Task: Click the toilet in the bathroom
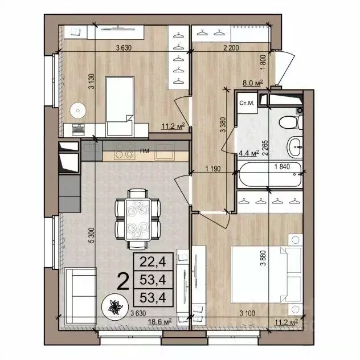point(289,120)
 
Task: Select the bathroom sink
point(296,148)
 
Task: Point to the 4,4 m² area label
point(251,153)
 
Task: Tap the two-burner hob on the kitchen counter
point(121,154)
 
